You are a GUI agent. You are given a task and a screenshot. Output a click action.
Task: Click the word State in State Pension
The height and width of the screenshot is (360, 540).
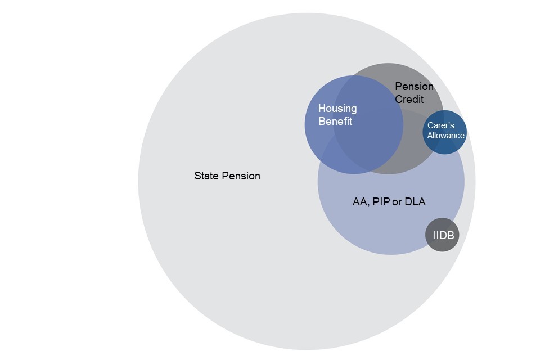[x=206, y=176]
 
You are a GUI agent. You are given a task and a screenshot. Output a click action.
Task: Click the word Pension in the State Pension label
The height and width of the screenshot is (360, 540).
[x=241, y=176]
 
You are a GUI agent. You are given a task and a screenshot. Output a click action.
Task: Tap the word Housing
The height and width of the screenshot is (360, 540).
[x=337, y=109]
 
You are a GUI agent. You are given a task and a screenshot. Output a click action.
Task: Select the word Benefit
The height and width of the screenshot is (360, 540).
[x=335, y=121]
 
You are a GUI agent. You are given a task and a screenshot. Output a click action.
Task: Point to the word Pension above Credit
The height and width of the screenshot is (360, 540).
[x=414, y=87]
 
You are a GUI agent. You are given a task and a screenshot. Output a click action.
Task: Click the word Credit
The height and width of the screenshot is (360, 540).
[x=409, y=99]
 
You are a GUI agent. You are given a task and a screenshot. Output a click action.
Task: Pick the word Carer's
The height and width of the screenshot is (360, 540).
[x=441, y=126]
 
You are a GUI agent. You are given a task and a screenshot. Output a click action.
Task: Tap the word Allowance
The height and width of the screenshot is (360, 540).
[x=445, y=136]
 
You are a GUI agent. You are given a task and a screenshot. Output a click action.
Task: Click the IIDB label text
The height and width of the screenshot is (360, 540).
[x=443, y=235]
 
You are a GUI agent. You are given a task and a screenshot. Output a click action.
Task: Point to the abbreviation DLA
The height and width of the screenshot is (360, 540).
[x=415, y=202]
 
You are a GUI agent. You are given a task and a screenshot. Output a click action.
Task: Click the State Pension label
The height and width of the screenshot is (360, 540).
[x=227, y=176]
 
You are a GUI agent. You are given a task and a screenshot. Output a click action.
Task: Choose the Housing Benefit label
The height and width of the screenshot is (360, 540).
[x=337, y=115]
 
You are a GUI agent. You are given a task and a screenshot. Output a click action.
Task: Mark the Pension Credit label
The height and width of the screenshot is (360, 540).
[x=413, y=93]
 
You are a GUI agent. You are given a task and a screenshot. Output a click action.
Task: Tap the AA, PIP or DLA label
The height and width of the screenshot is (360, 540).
[x=389, y=202]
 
